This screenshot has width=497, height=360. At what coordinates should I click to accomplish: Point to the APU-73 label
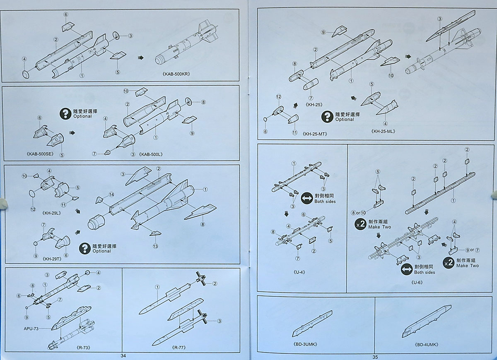click(x=34, y=329)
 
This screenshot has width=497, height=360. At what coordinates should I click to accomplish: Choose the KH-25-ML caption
click(x=384, y=132)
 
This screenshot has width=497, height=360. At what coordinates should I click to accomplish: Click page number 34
click(x=123, y=356)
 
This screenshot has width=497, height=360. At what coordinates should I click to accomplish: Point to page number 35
click(x=375, y=357)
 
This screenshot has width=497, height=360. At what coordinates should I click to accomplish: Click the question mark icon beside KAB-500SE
click(x=65, y=113)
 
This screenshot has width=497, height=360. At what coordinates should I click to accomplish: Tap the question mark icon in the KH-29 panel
click(x=85, y=248)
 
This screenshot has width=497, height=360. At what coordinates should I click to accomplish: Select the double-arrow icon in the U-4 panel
click(x=306, y=198)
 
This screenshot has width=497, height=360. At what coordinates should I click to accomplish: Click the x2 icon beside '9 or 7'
click(x=449, y=262)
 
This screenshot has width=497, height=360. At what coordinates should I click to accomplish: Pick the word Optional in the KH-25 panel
click(x=345, y=120)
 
